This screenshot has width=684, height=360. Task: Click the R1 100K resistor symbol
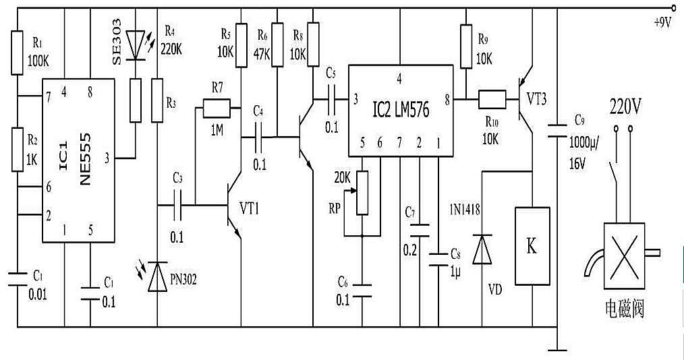click(17, 53)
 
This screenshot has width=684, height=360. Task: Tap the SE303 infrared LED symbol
click(135, 45)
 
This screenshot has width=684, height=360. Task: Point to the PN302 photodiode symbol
click(157, 276)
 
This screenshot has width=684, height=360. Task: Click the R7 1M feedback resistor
click(217, 108)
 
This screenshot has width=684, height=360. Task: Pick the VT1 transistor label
click(249, 209)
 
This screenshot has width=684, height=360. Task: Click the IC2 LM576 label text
click(401, 110)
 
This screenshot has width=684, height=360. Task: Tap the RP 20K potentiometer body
click(362, 193)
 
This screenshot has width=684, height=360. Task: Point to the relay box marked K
click(532, 246)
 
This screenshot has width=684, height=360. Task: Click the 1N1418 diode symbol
click(482, 249)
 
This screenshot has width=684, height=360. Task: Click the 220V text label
click(625, 107)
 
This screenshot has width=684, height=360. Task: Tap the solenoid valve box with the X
click(624, 256)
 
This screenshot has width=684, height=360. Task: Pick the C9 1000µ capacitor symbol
click(557, 130)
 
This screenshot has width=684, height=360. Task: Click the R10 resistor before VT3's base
click(492, 99)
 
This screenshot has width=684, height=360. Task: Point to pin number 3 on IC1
click(107, 158)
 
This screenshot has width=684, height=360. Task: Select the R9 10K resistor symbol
click(466, 47)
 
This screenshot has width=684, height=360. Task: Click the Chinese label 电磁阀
click(625, 309)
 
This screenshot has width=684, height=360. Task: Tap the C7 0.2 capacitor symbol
click(420, 231)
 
